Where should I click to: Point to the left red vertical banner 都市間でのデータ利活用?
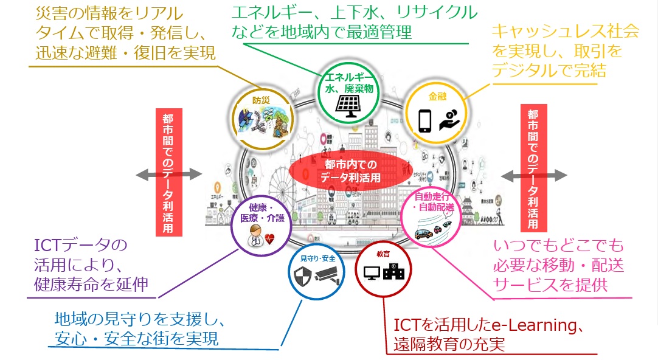(167, 172)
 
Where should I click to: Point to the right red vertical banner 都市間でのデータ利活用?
(533, 166)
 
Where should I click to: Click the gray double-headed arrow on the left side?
(168, 175)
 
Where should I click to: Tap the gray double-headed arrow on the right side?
(534, 175)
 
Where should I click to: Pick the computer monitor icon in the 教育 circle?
(371, 273)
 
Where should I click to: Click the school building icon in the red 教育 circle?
(395, 272)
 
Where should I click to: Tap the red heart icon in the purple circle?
(269, 239)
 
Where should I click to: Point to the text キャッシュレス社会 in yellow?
(565, 32)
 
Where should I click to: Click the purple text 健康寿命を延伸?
(92, 283)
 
